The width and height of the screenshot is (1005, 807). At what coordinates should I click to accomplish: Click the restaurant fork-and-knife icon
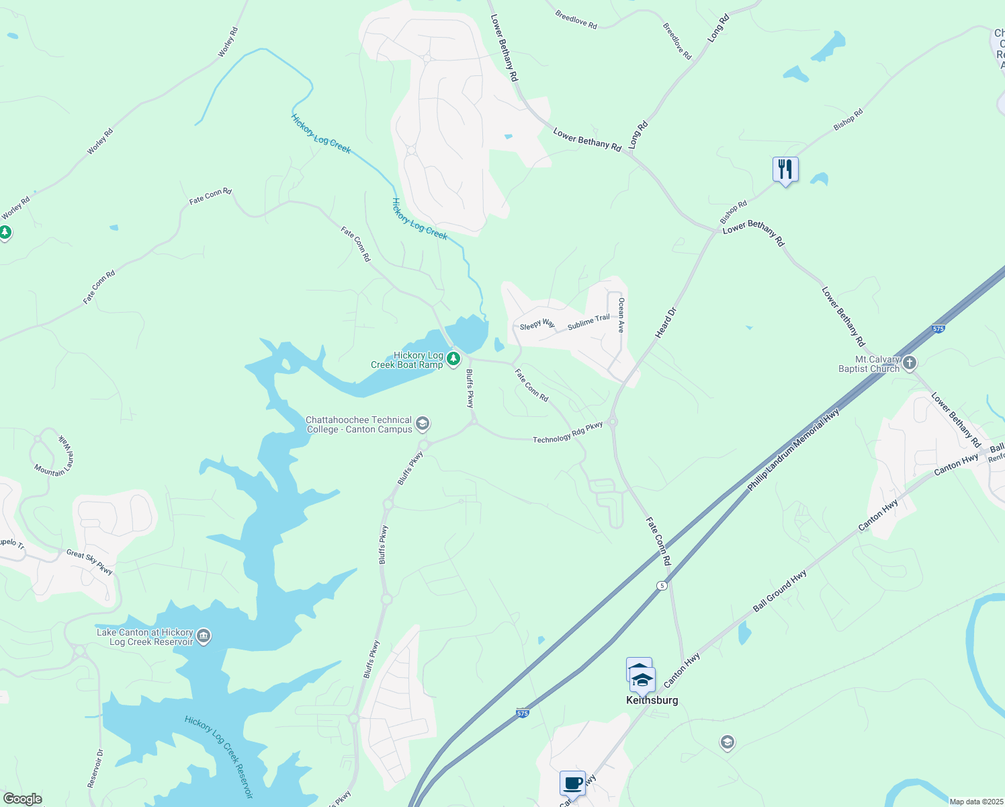[x=785, y=169]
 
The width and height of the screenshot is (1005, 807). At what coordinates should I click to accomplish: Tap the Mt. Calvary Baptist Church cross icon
[x=909, y=364]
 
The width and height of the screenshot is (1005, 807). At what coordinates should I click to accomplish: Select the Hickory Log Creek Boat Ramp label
[x=408, y=360]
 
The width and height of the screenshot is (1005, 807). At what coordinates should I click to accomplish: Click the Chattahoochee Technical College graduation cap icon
[x=423, y=424]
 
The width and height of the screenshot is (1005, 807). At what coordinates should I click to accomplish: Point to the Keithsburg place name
[x=652, y=700]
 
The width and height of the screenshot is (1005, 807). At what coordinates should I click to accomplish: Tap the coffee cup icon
[x=572, y=783]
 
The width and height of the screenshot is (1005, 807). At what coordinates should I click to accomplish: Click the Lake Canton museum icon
[x=204, y=636]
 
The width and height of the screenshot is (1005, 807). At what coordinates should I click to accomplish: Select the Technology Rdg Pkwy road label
[x=568, y=434]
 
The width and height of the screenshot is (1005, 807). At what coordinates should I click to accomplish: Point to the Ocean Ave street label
[x=621, y=315]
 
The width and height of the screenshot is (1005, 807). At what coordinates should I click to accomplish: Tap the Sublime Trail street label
[x=588, y=322]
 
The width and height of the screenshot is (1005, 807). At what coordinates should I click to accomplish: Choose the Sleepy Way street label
[x=537, y=325]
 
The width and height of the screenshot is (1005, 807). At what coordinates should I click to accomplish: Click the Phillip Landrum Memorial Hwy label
[x=793, y=449]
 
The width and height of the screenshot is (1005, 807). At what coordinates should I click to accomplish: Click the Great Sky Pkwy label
[x=89, y=561]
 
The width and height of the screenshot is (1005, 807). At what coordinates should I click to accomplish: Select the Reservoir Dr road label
[x=95, y=768]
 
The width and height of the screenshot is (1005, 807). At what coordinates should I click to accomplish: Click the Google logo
[x=22, y=798]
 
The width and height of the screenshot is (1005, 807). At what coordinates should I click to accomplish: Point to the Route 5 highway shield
[x=662, y=586]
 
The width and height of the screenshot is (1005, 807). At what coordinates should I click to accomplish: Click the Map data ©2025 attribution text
[x=975, y=802]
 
